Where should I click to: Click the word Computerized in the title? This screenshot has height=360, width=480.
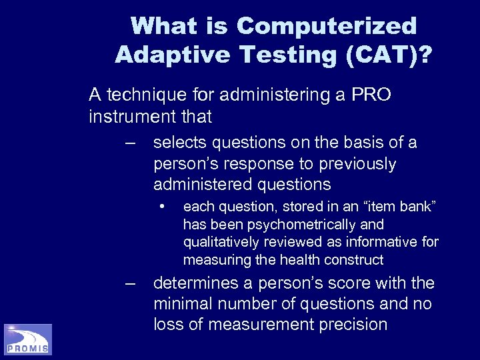pyautogui.click(x=327, y=27)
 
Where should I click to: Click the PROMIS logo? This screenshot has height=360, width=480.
pyautogui.click(x=28, y=339)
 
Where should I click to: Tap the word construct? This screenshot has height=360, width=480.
pyautogui.click(x=360, y=259)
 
